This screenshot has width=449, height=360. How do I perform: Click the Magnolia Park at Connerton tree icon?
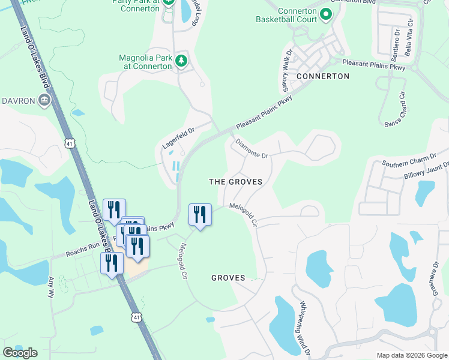click(x=181, y=60)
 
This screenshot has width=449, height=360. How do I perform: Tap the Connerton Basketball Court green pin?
click(x=326, y=14)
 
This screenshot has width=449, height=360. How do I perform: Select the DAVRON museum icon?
click(x=44, y=100)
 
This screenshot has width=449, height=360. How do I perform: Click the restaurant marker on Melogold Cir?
click(x=200, y=215)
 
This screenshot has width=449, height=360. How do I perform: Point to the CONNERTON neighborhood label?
click(x=322, y=76)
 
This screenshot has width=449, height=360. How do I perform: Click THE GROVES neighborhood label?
click(x=236, y=181)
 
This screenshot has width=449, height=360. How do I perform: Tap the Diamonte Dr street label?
click(x=252, y=149)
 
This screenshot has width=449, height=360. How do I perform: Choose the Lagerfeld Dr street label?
click(x=178, y=138)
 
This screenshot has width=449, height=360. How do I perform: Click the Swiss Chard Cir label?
click(x=396, y=109)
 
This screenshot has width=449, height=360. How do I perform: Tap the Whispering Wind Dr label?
click(x=304, y=328)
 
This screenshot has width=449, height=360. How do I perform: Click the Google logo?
click(x=20, y=353)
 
